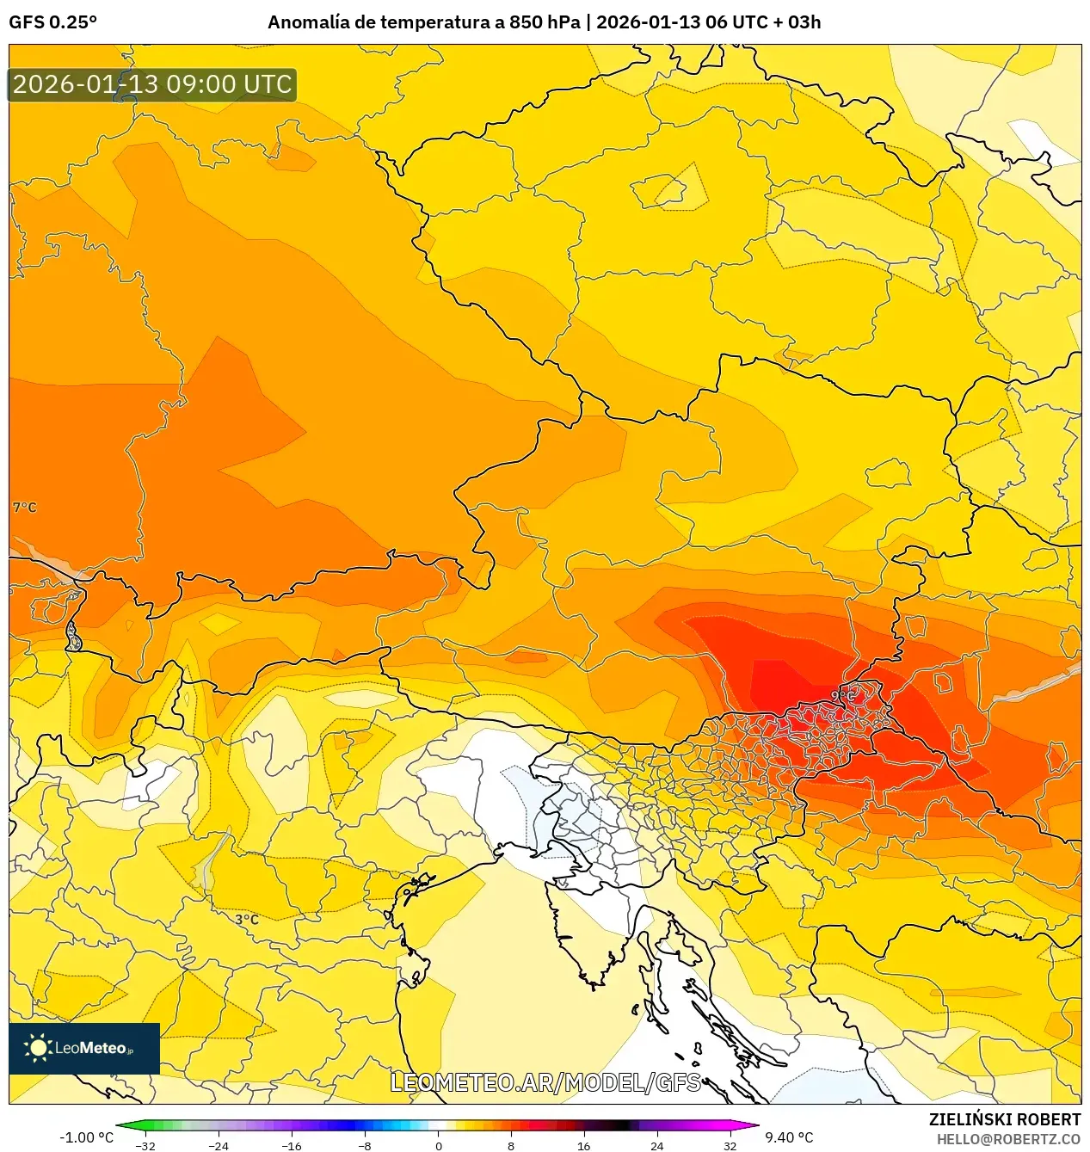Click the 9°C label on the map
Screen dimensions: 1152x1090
point(843,695)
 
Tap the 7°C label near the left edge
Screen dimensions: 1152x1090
point(24,508)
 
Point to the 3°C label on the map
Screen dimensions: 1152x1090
point(247,919)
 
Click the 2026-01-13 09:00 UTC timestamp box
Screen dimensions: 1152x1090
point(152,84)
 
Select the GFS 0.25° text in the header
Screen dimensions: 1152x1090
point(52,22)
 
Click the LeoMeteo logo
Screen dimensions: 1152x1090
point(83,1048)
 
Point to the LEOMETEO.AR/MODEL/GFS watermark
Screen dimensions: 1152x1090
point(545,1082)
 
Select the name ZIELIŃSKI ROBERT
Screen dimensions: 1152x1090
point(1004,1119)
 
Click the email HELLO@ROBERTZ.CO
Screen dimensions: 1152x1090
point(1008,1139)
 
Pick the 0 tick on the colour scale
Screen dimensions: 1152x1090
point(438,1145)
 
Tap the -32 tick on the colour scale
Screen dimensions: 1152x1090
point(145,1145)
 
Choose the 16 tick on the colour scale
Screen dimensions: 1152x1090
point(584,1145)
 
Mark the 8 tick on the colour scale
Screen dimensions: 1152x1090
point(511,1145)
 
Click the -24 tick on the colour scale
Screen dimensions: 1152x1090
point(219,1145)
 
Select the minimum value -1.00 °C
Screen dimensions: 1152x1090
point(86,1137)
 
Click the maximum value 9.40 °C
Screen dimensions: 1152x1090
point(789,1137)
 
